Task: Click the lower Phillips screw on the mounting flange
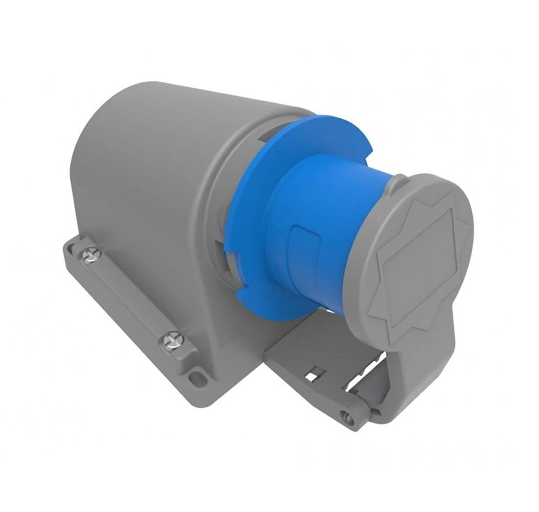(x=172, y=340)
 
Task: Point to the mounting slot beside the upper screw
(x=70, y=247)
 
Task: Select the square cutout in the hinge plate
(x=312, y=376)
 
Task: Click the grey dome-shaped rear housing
(x=137, y=151)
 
